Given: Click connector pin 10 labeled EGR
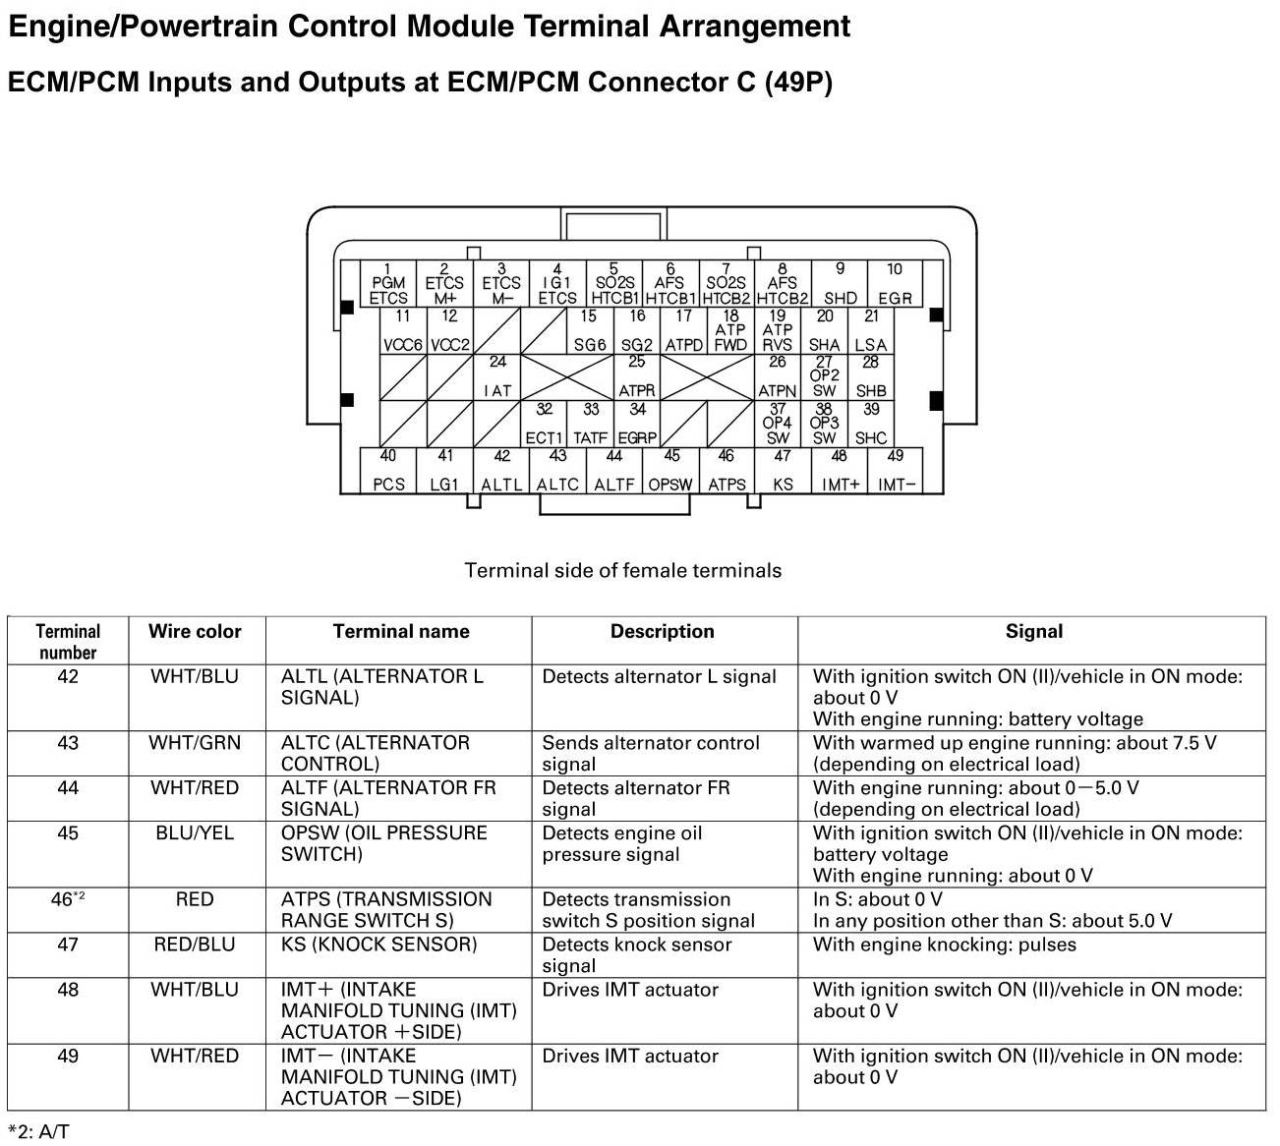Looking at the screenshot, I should click(x=894, y=284).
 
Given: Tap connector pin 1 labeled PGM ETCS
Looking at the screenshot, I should click(x=388, y=284).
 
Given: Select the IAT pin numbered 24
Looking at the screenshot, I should click(x=497, y=377).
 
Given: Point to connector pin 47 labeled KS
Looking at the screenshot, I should click(x=783, y=471).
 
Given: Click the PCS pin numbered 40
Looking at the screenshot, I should click(x=388, y=471).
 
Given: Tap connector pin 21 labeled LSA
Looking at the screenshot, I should click(x=871, y=331).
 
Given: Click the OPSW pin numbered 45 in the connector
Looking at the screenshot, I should click(x=670, y=471).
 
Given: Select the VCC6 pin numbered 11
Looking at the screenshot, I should click(x=402, y=331).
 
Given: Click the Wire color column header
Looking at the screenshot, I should click(x=195, y=632).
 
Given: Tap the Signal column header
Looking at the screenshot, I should click(x=1033, y=632).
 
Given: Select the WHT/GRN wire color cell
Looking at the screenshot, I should click(x=195, y=743).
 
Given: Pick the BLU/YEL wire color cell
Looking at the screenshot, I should click(x=195, y=833).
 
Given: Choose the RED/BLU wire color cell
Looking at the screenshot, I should click(x=195, y=945).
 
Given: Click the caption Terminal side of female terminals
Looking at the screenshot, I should click(x=622, y=571).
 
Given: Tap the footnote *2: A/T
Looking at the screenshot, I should click(x=38, y=1131).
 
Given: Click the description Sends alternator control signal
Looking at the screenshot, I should click(x=651, y=754).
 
